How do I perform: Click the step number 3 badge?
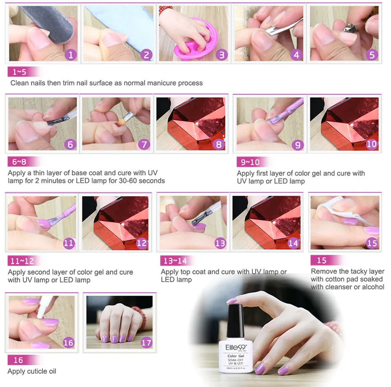tap(222, 55)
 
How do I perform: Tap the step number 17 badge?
tap(146, 342)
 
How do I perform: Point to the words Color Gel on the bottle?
tap(235, 356)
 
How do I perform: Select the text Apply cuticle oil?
tap(32, 371)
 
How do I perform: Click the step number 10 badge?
tap(372, 144)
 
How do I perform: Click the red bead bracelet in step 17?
tap(140, 316)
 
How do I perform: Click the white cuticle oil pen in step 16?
tap(44, 307)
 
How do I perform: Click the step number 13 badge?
tap(220, 243)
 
